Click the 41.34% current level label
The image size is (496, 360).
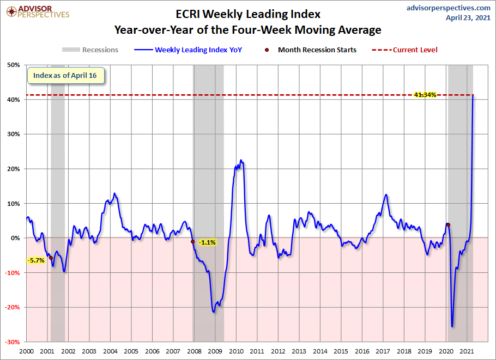(425, 95)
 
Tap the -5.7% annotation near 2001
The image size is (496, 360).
(35, 260)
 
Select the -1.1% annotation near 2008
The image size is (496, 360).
(207, 242)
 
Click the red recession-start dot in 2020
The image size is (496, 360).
(448, 224)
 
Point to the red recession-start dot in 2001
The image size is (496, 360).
(51, 258)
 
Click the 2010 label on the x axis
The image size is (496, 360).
(236, 352)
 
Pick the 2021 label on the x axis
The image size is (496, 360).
(467, 352)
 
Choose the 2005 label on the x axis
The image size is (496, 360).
(131, 352)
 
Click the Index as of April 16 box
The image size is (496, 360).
(65, 75)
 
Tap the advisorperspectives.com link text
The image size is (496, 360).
(441, 8)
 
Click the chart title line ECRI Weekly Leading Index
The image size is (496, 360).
(247, 14)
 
